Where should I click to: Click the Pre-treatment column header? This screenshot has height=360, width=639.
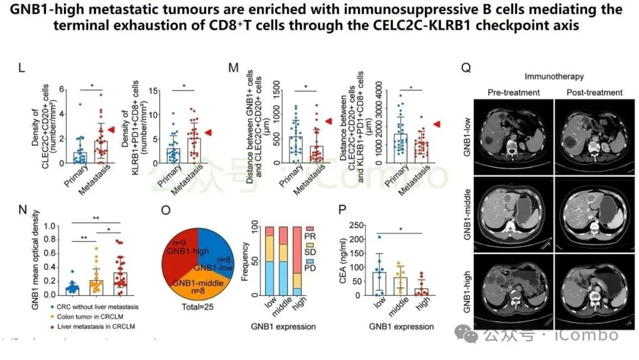point(514,92)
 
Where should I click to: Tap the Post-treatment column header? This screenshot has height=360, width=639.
point(594,92)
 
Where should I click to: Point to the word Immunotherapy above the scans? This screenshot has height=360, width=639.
point(555,76)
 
